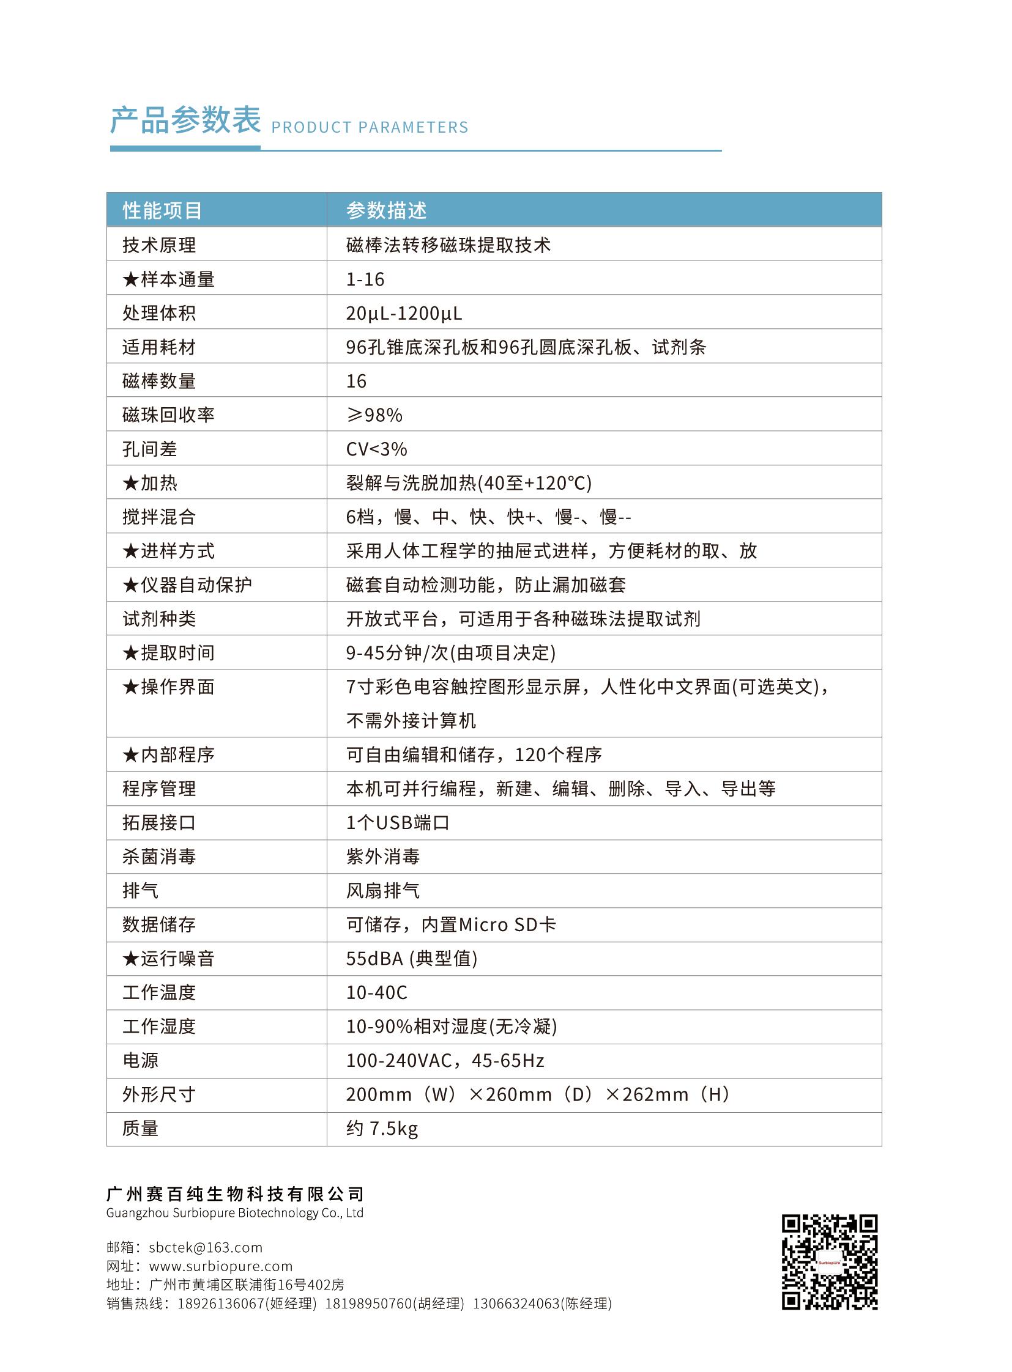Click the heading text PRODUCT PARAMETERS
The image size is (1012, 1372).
pyautogui.click(x=370, y=127)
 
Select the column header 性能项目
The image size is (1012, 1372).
pyautogui.click(x=162, y=210)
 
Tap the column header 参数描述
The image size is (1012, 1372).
pyautogui.click(x=387, y=210)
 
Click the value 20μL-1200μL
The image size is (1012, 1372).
pyautogui.click(x=404, y=314)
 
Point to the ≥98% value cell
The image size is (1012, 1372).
pyautogui.click(x=374, y=415)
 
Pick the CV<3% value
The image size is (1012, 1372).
pyautogui.click(x=376, y=449)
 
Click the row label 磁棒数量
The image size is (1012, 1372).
pyautogui.click(x=159, y=382)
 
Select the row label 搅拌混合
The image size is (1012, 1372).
pyautogui.click(x=159, y=517)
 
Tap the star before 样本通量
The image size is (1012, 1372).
pyautogui.click(x=130, y=280)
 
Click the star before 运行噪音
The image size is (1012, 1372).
pyautogui.click(x=130, y=959)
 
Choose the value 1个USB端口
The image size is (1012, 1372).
pyautogui.click(x=398, y=823)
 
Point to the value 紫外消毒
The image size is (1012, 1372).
pyautogui.click(x=383, y=857)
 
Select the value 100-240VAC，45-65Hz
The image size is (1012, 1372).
pyautogui.click(x=445, y=1060)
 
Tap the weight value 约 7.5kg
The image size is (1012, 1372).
pyautogui.click(x=382, y=1128)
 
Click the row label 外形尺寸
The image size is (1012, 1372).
pyautogui.click(x=159, y=1094)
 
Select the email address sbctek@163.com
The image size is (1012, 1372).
pyautogui.click(x=206, y=1248)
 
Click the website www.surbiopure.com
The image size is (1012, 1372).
pyautogui.click(x=221, y=1266)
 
